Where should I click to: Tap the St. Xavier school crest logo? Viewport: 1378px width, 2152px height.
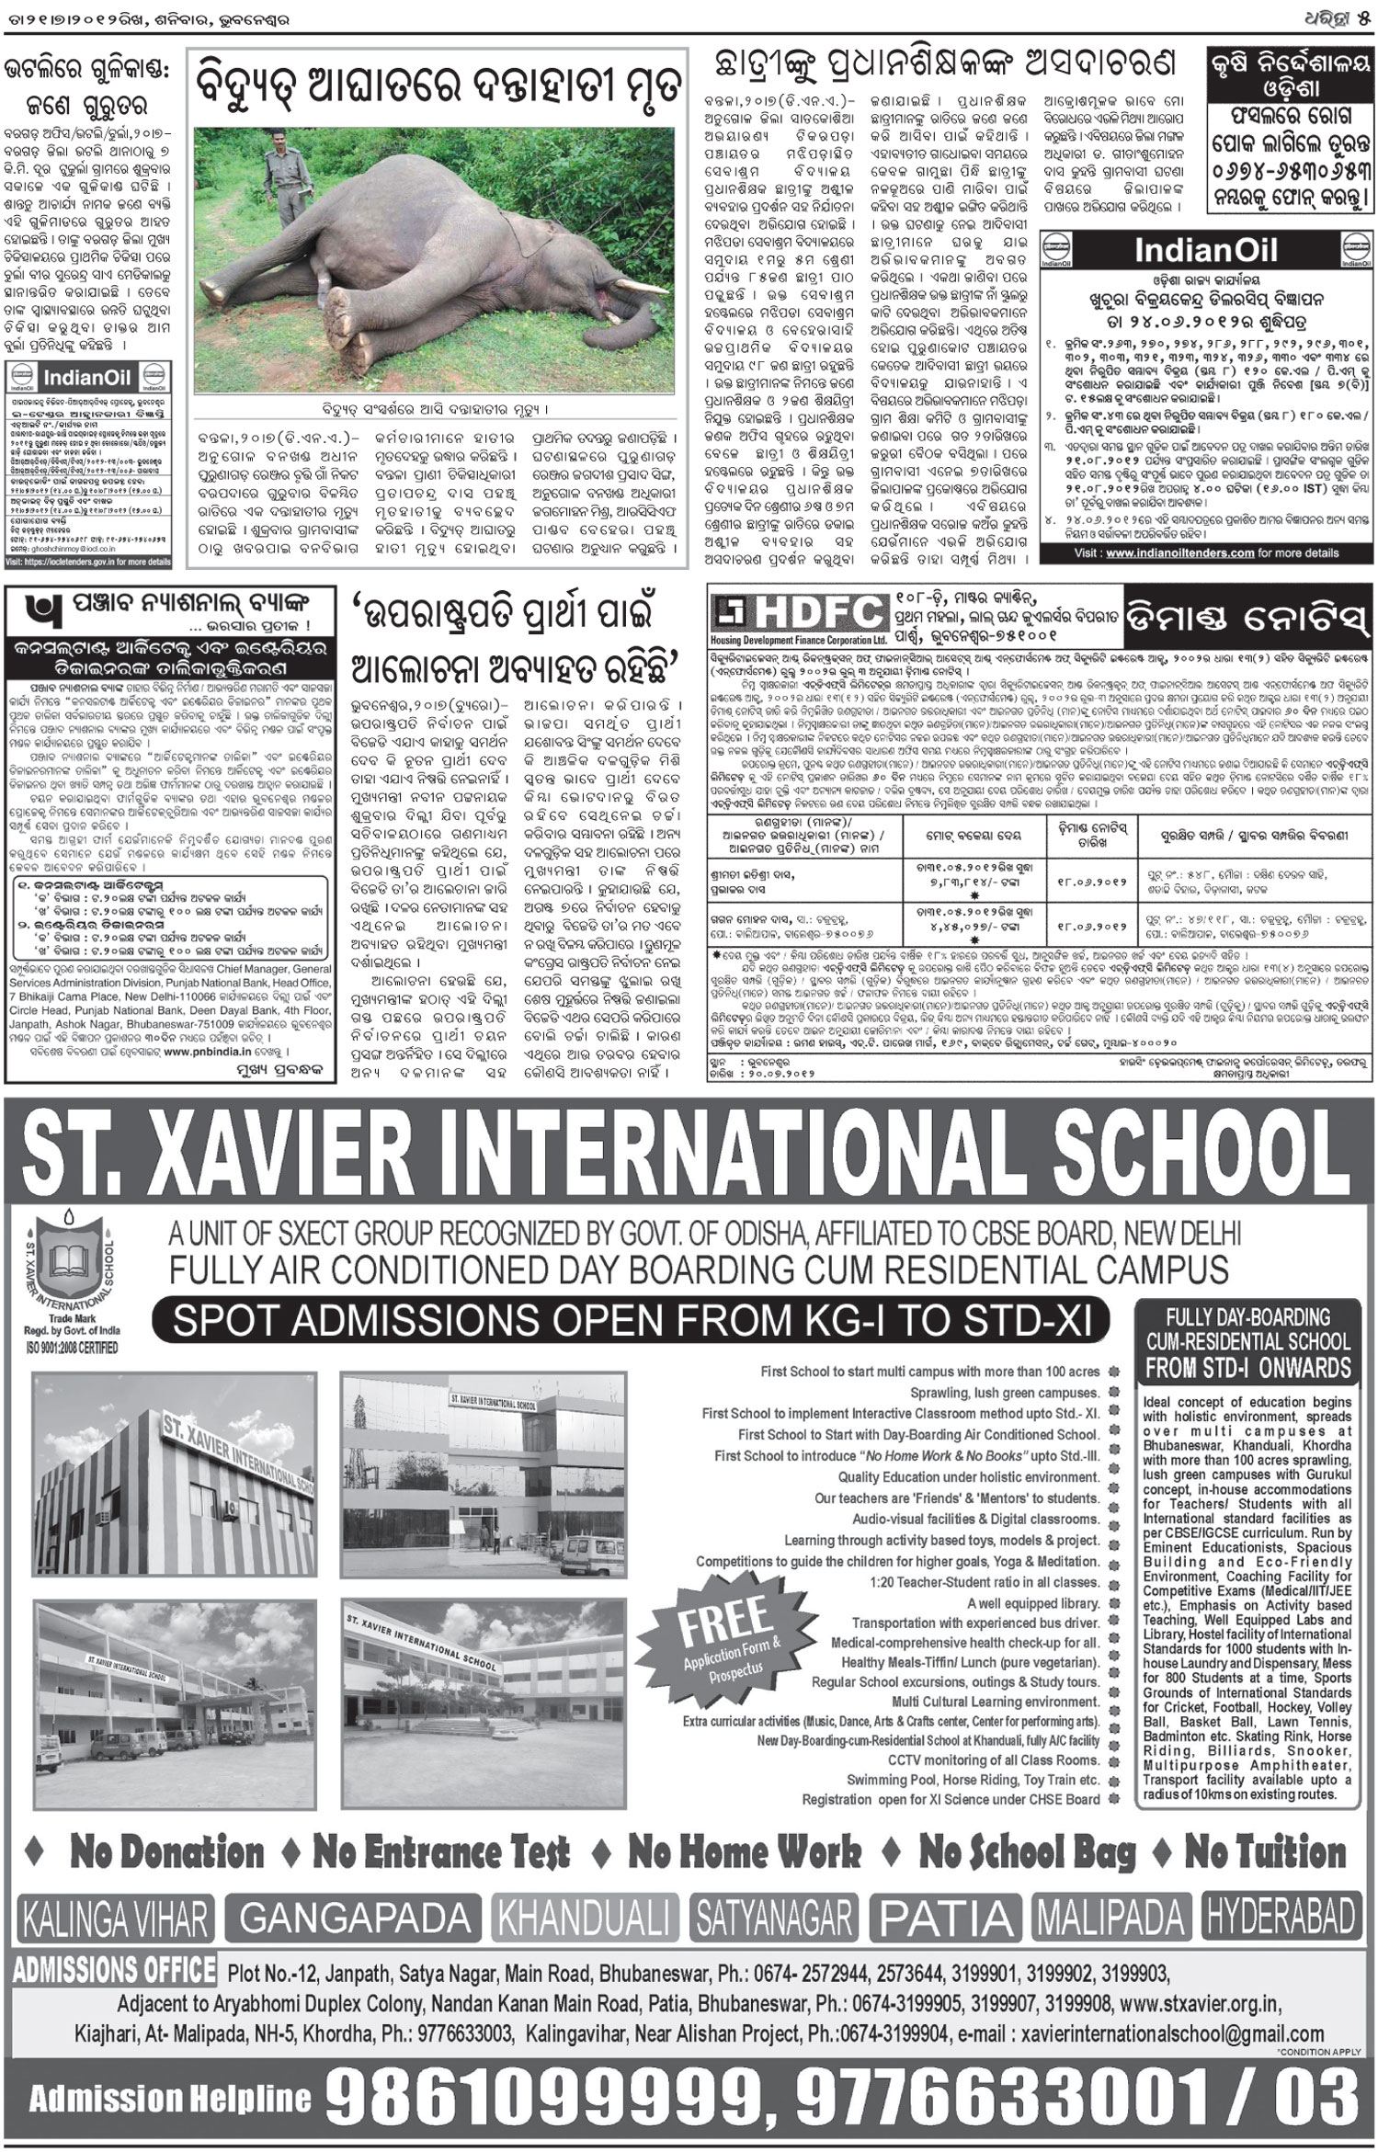(74, 1268)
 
